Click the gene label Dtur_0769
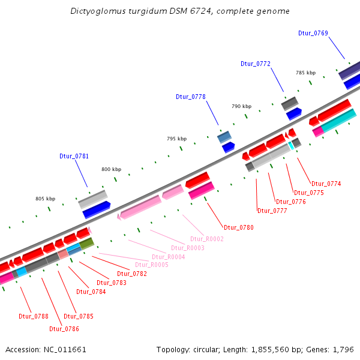point(313,33)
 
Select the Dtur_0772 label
point(256,64)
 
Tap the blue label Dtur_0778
point(191,97)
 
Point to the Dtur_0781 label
point(74,156)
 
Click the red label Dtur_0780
point(239,227)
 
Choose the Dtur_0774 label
point(326,184)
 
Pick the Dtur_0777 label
point(272,211)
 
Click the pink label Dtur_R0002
point(206,239)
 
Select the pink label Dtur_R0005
point(151,265)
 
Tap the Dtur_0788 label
point(34,316)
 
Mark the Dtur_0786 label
point(64,329)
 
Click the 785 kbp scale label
point(305,73)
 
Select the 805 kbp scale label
point(45,199)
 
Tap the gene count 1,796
point(343,349)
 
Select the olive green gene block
point(87,243)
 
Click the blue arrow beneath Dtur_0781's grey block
point(97,210)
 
